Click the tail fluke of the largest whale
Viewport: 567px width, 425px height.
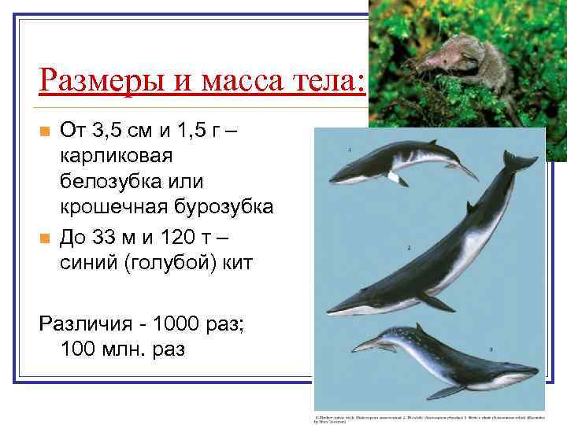(521, 161)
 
